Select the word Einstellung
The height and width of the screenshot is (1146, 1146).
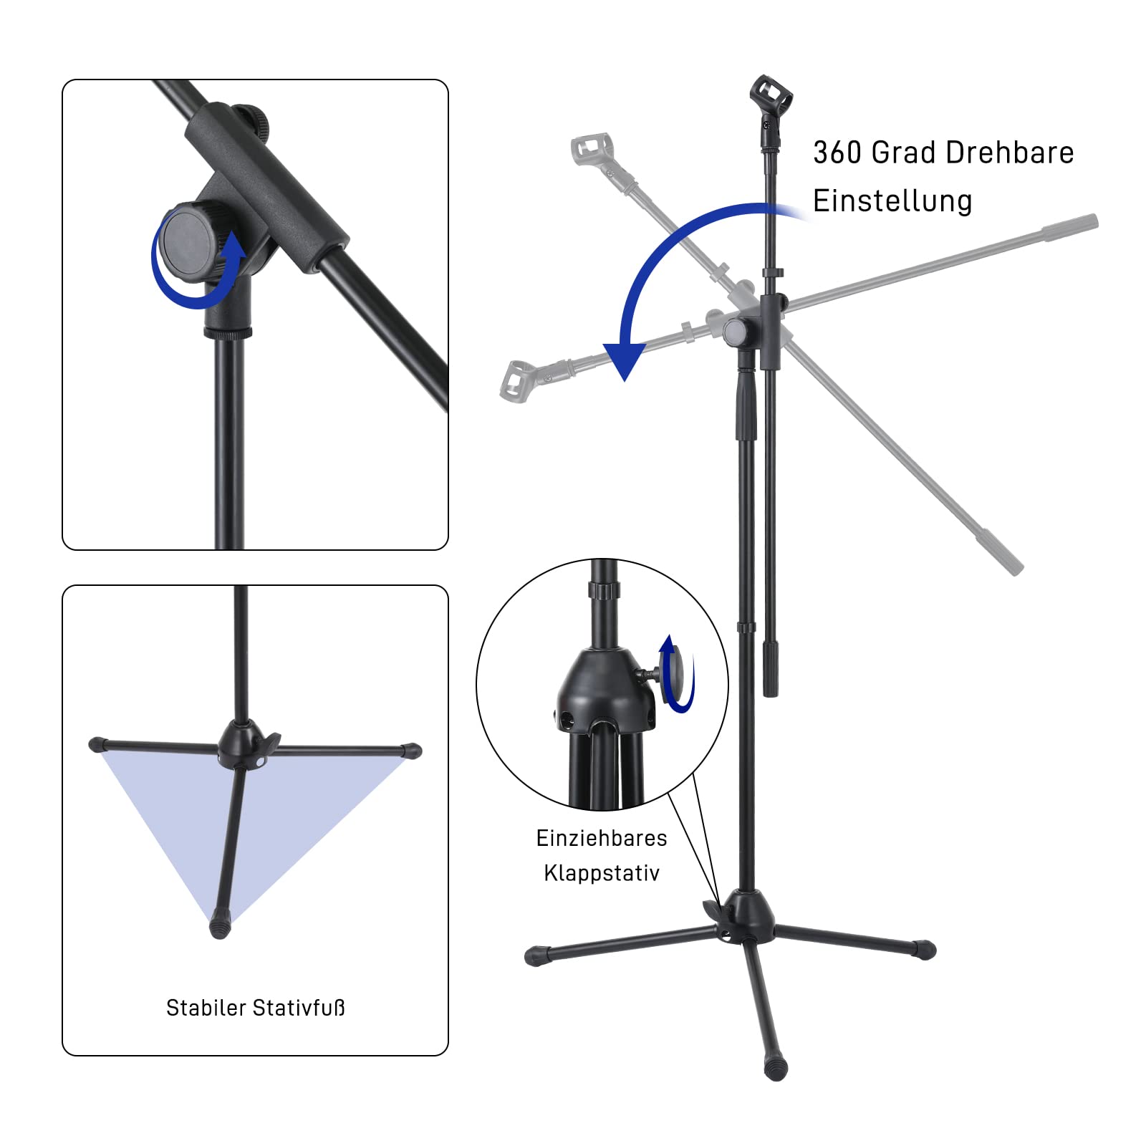(892, 201)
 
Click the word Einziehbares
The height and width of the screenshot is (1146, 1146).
(602, 838)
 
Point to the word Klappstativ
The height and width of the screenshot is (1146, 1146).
(602, 873)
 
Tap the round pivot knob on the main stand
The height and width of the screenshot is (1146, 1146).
(736, 332)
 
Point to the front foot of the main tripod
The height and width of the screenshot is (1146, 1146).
(776, 1068)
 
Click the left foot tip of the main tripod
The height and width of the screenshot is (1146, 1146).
(536, 955)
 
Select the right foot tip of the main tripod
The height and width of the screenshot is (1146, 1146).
(925, 950)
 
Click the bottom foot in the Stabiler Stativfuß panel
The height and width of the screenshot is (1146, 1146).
(220, 928)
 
